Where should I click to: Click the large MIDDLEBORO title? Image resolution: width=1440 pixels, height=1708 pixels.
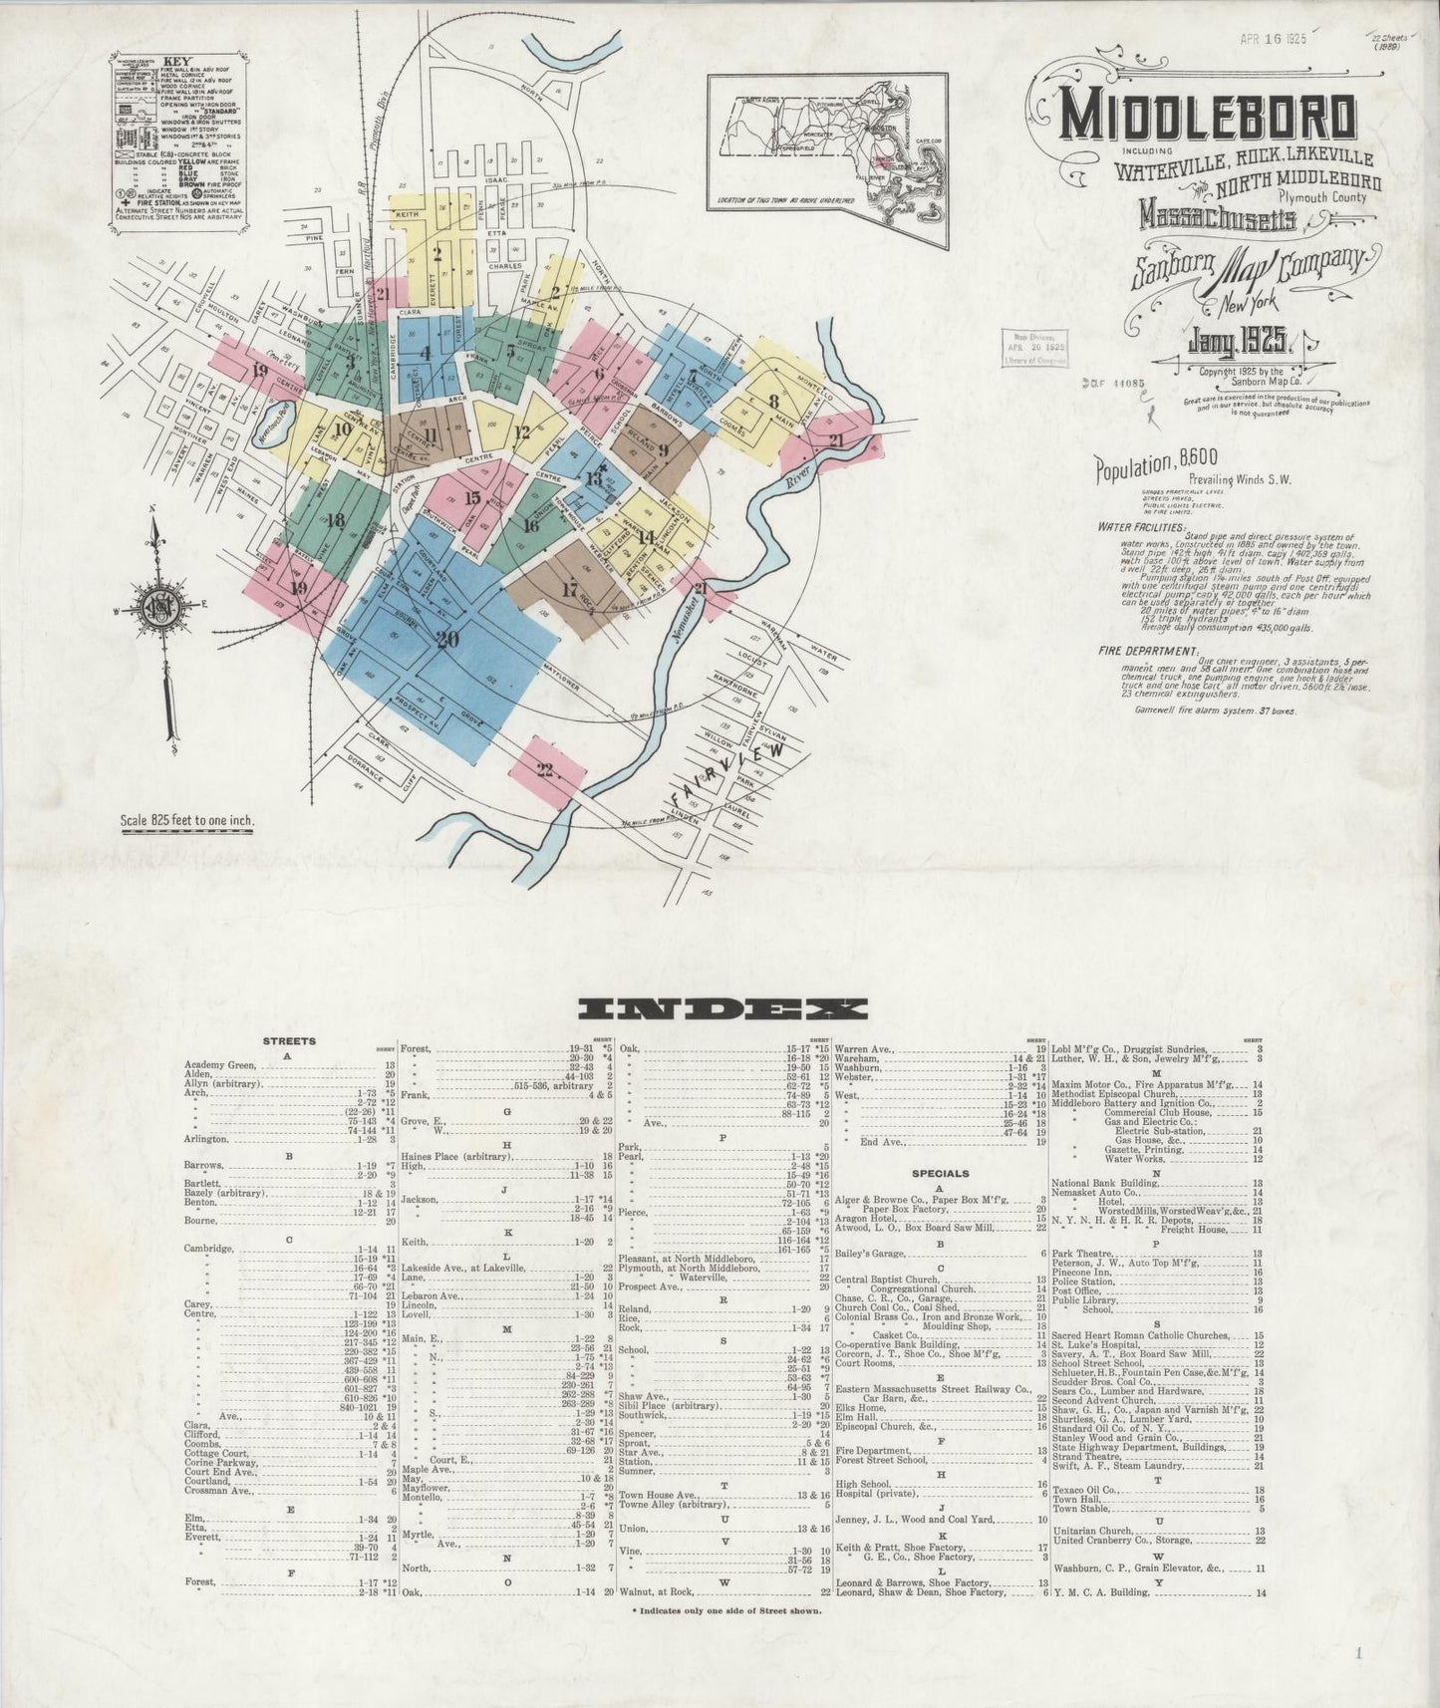point(1208,118)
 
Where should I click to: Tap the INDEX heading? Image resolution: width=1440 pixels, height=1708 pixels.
point(722,1008)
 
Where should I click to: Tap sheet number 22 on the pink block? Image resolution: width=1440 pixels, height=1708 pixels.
point(546,768)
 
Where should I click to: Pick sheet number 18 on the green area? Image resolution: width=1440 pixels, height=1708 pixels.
point(336,519)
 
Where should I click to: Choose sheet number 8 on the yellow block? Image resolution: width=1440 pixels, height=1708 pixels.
point(773,402)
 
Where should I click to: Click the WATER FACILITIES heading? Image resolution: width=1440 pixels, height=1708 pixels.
point(1142,526)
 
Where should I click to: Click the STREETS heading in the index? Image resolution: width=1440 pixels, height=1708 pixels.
point(288,1040)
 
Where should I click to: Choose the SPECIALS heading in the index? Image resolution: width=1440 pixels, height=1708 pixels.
point(941,1173)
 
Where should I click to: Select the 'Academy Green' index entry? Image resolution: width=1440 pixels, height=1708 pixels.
point(220,1065)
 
